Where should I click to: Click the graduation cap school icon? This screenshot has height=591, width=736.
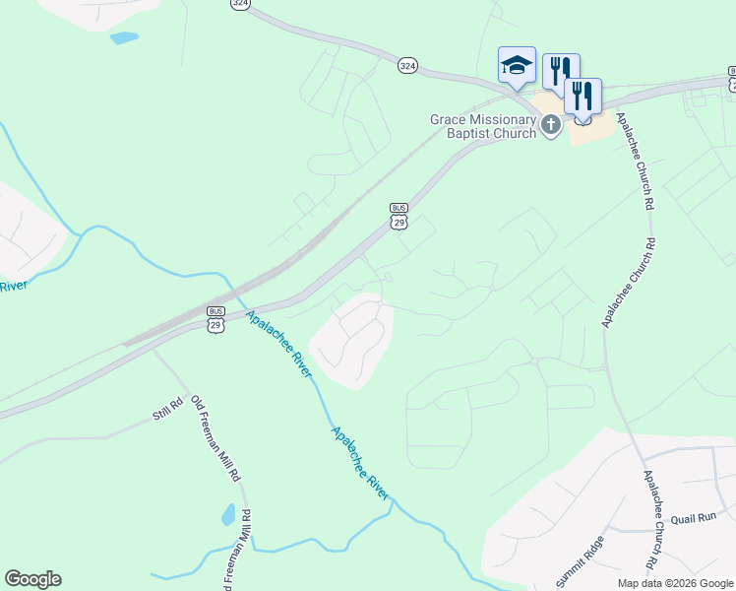click(517, 65)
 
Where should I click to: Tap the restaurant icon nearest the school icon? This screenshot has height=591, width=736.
click(561, 71)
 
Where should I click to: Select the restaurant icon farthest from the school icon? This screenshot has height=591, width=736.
click(583, 97)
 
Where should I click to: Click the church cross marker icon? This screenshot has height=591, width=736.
click(550, 125)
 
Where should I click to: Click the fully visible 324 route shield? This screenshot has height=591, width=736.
click(407, 65)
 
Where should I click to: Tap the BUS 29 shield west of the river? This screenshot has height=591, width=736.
click(216, 319)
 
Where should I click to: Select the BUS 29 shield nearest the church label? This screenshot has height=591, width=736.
click(399, 216)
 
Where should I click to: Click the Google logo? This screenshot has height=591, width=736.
click(32, 579)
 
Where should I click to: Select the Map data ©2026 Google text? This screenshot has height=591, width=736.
click(676, 583)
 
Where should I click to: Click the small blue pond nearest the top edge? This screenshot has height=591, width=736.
click(124, 38)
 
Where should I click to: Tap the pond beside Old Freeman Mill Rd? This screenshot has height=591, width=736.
click(228, 514)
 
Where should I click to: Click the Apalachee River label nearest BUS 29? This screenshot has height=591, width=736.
click(279, 344)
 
